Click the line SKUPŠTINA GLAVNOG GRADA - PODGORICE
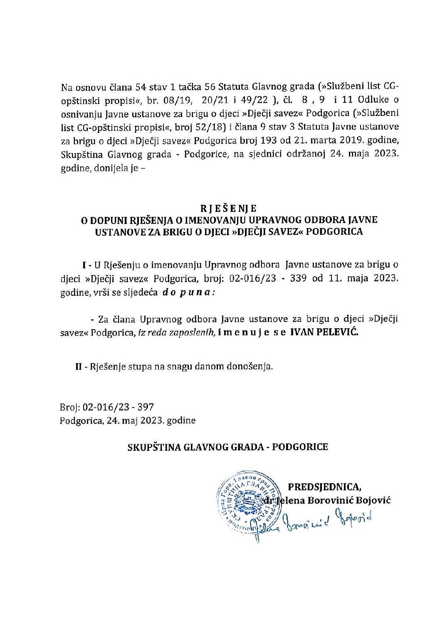[x=227, y=447]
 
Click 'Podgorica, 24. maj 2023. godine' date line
[x=127, y=420]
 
